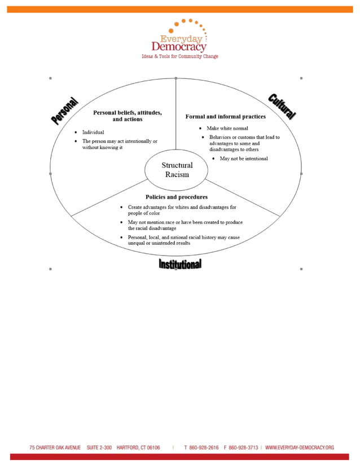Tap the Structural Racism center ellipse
coord(177,169)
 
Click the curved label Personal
coord(64,111)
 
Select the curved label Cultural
coord(282,106)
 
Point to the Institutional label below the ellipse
coord(179,264)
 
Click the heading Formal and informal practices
coord(225,117)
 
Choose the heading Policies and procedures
coord(176,197)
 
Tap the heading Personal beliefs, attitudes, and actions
coord(127,116)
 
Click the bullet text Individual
coord(93,132)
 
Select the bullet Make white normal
coord(227,129)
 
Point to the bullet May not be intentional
coord(243,159)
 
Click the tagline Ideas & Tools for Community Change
coord(179,56)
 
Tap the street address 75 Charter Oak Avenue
coord(55,447)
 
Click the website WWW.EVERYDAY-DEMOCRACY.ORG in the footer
coord(299,447)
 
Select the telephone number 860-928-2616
coord(205,447)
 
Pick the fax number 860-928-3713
coord(244,447)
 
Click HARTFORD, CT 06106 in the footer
coord(138,447)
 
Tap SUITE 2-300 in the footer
coord(99,447)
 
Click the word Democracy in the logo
coord(178,47)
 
